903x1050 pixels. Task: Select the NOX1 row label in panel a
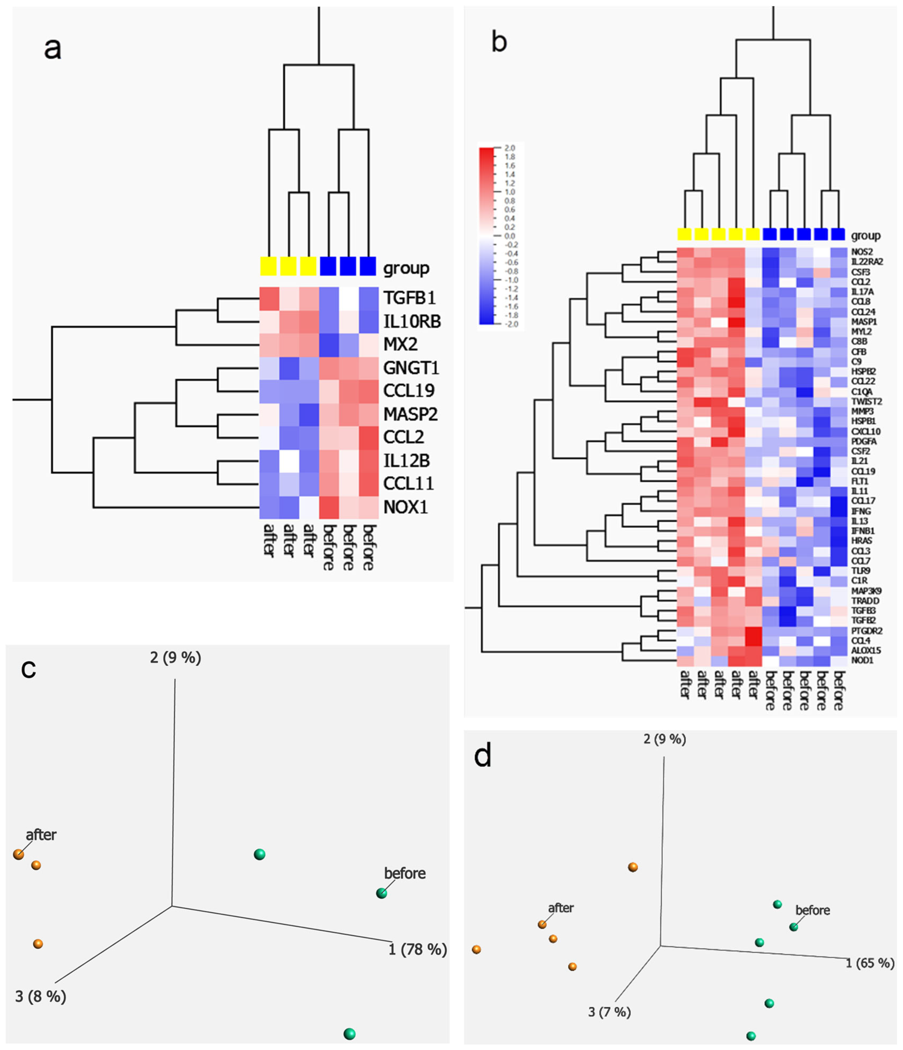pos(405,507)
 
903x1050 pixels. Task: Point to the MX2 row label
pos(400,344)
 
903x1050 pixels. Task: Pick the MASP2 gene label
pos(410,414)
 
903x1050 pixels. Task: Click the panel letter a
pos(53,49)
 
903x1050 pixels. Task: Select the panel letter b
pos(499,42)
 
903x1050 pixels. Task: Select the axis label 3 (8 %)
pos(41,996)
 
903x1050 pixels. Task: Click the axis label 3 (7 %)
pos(609,1012)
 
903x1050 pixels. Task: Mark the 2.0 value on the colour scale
pos(509,148)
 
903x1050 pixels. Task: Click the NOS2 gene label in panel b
pos(862,252)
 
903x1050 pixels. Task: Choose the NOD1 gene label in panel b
pos(862,660)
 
